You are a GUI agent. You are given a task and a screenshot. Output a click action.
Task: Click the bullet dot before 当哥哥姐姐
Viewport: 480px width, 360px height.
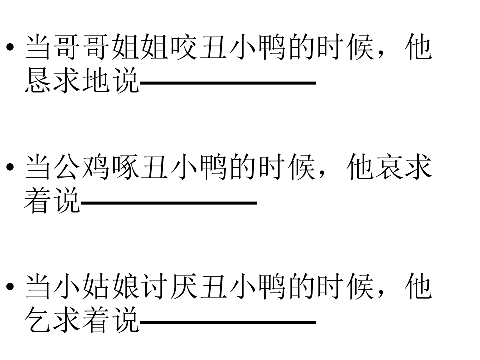[10, 47]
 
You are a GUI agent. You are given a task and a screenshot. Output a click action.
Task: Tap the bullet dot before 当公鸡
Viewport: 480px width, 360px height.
[10, 167]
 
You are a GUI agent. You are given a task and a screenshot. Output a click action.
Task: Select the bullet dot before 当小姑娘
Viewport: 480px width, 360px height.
[10, 287]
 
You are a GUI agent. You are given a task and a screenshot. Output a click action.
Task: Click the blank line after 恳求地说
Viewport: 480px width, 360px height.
[228, 83]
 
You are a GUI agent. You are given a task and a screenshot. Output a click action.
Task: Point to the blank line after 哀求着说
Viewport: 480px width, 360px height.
[169, 202]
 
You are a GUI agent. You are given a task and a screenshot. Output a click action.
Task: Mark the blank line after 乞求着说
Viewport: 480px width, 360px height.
[228, 322]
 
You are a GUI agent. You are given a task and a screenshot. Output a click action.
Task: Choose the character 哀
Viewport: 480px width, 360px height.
[389, 167]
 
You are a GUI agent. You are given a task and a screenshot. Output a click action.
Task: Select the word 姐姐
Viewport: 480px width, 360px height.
[140, 47]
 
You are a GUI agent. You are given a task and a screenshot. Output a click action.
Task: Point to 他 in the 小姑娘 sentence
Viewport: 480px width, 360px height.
[419, 287]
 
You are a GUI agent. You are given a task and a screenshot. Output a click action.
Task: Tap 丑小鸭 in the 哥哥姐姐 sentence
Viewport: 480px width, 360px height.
[242, 47]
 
